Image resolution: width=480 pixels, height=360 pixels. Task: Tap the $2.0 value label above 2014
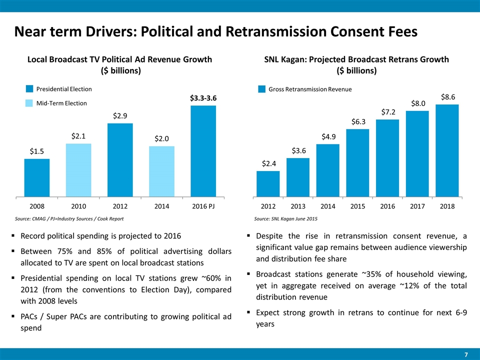tap(161, 138)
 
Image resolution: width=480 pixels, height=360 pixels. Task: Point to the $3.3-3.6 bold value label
tap(203, 98)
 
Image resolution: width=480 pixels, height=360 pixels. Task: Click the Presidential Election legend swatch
tap(29, 89)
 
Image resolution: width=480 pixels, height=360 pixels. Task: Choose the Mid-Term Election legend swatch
tap(29, 103)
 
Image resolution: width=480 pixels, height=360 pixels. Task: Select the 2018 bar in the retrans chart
tap(447, 150)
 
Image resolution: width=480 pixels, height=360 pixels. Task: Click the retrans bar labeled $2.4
tap(267, 183)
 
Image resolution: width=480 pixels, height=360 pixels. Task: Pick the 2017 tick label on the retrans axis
tap(417, 206)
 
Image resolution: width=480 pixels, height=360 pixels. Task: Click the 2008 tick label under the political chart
tap(36, 206)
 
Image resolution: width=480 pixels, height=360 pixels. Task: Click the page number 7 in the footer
tap(466, 354)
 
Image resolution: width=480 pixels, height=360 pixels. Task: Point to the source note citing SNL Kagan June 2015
tap(285, 219)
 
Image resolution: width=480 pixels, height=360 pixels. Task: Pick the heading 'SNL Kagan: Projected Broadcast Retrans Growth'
tap(356, 59)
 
